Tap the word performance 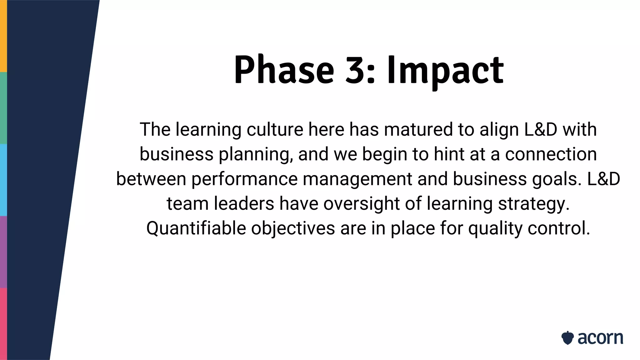[244, 179]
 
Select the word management [357, 179]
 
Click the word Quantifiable [196, 228]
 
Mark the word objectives [293, 228]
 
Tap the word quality [495, 228]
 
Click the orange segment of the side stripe [3, 36]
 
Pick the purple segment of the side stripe [3, 252]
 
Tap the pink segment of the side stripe [3, 324]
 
